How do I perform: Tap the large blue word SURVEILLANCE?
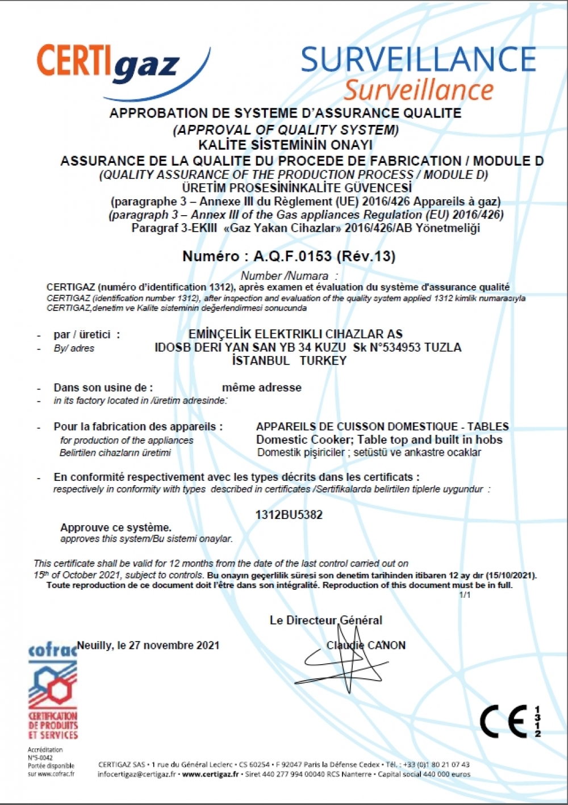click(x=419, y=59)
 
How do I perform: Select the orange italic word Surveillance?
click(x=419, y=90)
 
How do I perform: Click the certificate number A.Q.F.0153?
click(x=293, y=256)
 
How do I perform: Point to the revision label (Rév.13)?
click(x=366, y=256)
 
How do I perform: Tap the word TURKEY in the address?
click(x=323, y=360)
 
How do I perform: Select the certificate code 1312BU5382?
click(x=289, y=515)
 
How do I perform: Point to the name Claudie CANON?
click(x=366, y=645)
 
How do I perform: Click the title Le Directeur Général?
click(x=325, y=620)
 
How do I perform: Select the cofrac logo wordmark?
click(x=52, y=649)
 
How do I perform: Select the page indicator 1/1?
click(x=465, y=594)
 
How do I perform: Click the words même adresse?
click(x=262, y=388)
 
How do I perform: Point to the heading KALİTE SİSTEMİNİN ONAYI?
click(x=285, y=145)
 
